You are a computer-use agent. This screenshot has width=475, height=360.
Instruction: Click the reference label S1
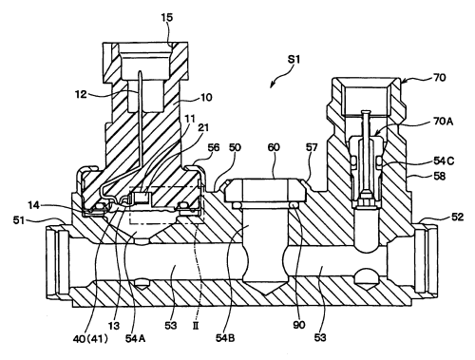pyautogui.click(x=294, y=60)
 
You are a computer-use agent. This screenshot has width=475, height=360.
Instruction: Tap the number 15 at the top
pyautogui.click(x=167, y=17)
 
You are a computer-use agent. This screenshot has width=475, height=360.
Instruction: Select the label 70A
pyautogui.click(x=443, y=122)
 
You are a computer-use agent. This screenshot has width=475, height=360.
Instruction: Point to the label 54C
pyautogui.click(x=444, y=161)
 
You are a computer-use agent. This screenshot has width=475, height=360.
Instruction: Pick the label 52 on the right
pyautogui.click(x=457, y=217)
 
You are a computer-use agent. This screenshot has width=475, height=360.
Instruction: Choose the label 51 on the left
pyautogui.click(x=19, y=219)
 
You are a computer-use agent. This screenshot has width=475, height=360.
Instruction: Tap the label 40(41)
pyautogui.click(x=90, y=339)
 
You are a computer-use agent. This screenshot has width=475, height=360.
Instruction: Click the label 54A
pyautogui.click(x=135, y=338)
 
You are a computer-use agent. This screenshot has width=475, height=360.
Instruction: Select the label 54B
pyautogui.click(x=225, y=338)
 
